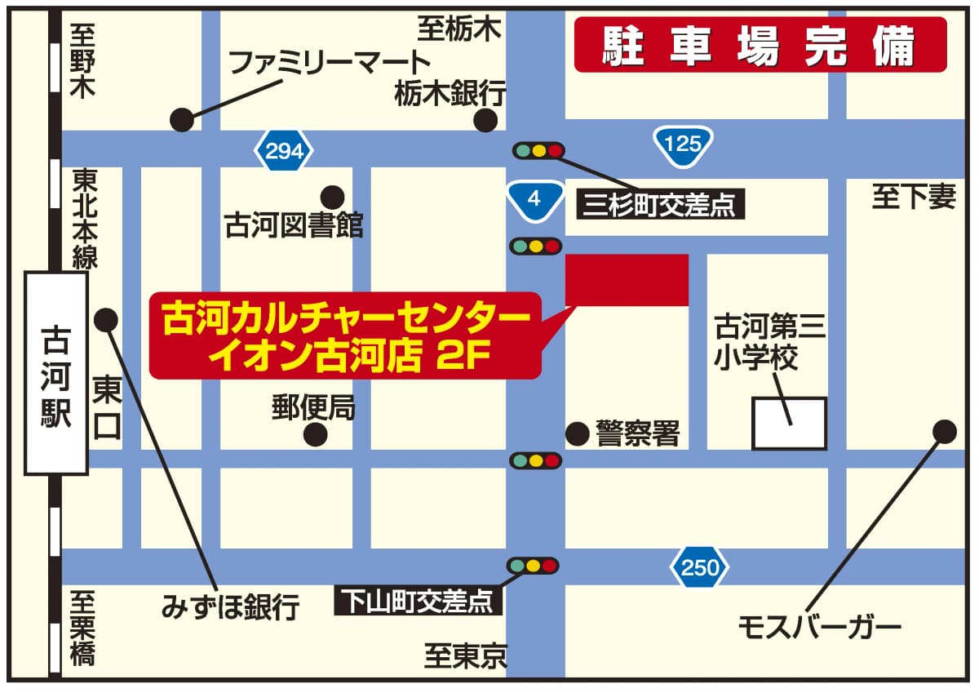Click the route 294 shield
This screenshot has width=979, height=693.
(x=284, y=151)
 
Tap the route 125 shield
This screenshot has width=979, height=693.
(x=683, y=144)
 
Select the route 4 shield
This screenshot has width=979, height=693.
(x=534, y=198)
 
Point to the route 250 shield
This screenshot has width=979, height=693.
(x=699, y=566)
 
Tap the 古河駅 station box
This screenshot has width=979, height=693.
(x=56, y=373)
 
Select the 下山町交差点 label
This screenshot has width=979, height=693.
(x=419, y=602)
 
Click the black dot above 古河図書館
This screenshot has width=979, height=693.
(x=332, y=197)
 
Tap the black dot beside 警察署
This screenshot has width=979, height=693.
(x=578, y=433)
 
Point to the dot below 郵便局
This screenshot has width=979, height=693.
(x=316, y=434)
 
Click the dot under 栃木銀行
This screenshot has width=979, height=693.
(x=486, y=122)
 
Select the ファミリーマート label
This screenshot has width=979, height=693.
(x=329, y=62)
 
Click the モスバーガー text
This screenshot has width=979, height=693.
(x=819, y=628)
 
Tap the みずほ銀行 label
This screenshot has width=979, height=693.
(x=231, y=607)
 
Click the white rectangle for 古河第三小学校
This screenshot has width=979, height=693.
(x=789, y=423)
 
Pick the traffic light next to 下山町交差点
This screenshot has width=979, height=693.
(x=533, y=565)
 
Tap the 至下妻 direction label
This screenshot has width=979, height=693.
(x=913, y=197)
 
